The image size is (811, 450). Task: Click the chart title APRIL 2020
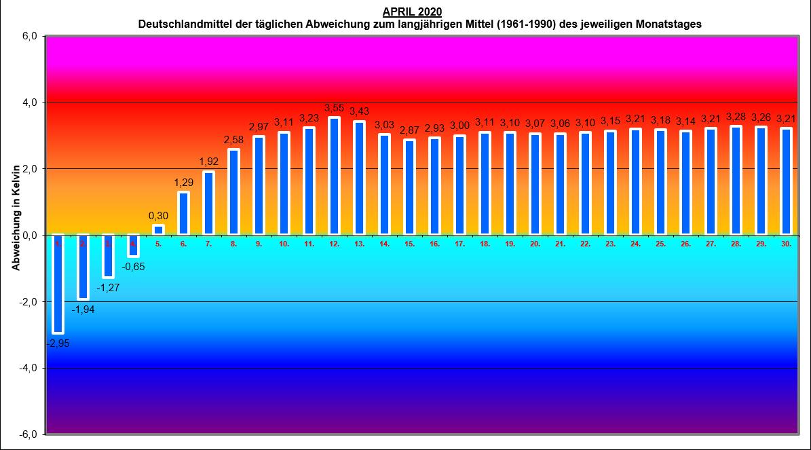click(x=412, y=12)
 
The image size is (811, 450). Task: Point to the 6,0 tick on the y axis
click(x=29, y=37)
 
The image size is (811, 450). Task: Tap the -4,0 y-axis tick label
click(x=27, y=368)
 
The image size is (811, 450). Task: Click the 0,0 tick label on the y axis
click(x=29, y=235)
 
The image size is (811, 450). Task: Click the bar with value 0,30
click(x=158, y=230)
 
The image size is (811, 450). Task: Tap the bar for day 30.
click(x=787, y=182)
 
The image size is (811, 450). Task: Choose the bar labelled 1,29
click(x=183, y=214)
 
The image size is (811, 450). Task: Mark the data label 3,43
click(x=359, y=111)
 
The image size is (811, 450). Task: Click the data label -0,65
click(x=133, y=267)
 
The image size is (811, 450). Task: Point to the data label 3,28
click(x=736, y=117)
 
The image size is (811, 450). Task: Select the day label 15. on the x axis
click(x=409, y=243)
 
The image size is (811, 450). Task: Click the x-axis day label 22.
click(x=585, y=243)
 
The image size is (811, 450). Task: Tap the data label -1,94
click(x=83, y=310)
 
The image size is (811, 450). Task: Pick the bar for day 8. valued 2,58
click(x=233, y=192)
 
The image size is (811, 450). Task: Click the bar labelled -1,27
click(x=108, y=256)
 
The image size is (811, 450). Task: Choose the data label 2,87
click(x=409, y=130)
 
